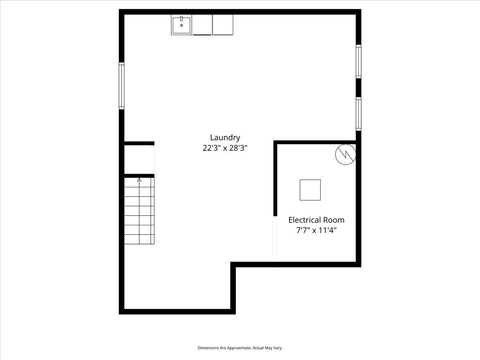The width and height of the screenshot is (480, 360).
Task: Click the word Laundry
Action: [225, 138]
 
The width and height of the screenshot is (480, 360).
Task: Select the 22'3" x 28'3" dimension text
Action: [225, 148]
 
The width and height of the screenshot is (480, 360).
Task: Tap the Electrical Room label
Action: [316, 220]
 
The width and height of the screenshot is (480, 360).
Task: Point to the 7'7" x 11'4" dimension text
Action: [316, 230]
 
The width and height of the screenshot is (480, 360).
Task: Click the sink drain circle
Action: [181, 26]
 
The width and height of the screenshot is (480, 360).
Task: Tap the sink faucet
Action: [181, 18]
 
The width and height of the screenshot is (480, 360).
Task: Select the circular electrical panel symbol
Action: [346, 154]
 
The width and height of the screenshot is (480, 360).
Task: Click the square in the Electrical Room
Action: [310, 190]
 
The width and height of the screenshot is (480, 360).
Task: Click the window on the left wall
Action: [122, 86]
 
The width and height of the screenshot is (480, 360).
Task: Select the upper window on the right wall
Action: [358, 62]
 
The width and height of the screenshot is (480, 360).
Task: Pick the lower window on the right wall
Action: [358, 114]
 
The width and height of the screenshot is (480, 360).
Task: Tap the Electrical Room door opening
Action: [275, 239]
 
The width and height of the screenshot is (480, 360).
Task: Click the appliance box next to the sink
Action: [202, 25]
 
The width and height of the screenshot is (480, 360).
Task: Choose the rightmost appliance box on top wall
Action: [223, 25]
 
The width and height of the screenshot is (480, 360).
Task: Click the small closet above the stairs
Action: [139, 160]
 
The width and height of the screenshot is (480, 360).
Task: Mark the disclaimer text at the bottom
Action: [240, 348]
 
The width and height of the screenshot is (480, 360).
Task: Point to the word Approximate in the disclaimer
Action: [239, 348]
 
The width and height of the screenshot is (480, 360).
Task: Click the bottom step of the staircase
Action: [139, 239]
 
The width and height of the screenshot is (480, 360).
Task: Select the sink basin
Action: [181, 25]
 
